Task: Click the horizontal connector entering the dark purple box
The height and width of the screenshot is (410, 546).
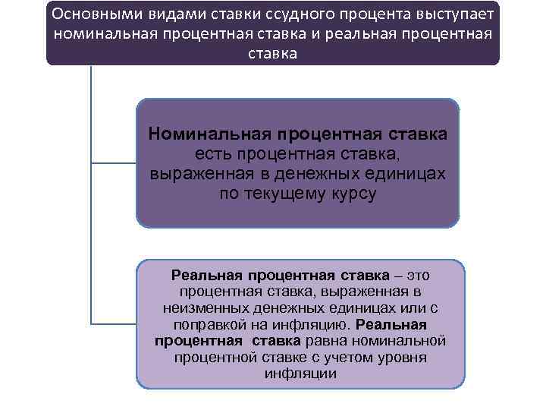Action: tap(114, 162)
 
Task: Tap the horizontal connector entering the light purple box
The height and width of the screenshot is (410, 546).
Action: tap(114, 324)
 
